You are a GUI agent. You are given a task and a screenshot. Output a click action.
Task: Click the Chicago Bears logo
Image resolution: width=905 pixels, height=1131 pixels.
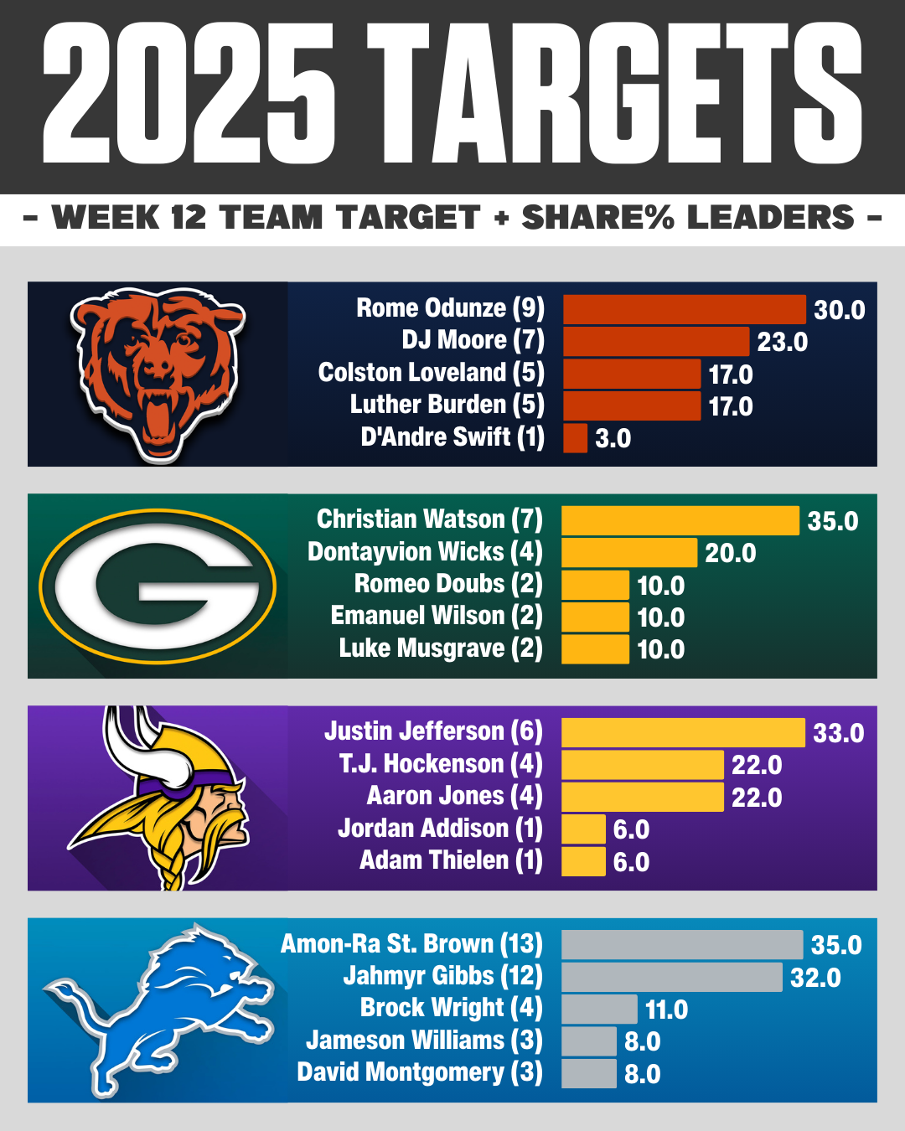pos(158,374)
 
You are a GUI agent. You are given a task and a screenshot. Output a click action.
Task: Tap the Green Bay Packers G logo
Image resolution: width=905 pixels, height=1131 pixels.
pos(158,586)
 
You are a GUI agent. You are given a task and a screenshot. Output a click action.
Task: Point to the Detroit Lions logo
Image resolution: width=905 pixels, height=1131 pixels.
pos(159,1010)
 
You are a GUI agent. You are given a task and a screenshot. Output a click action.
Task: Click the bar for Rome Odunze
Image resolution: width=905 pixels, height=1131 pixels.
pos(684,309)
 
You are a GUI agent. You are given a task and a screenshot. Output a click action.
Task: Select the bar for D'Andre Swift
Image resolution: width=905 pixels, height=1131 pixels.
pos(575,437)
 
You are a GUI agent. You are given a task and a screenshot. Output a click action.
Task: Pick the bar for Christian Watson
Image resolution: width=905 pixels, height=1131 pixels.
pos(680,520)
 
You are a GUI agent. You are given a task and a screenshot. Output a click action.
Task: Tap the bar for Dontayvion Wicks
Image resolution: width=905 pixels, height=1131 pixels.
pos(628,553)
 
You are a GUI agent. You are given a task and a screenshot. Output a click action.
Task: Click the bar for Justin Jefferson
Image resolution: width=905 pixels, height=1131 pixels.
pos(683,732)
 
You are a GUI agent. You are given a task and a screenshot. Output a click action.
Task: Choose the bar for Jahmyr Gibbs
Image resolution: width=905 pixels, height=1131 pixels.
pos(671,977)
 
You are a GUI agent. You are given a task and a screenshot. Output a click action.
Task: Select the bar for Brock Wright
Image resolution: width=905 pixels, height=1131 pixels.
pos(599,1009)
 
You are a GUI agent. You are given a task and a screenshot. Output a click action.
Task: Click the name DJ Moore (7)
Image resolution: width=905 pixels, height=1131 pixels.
pos(473,340)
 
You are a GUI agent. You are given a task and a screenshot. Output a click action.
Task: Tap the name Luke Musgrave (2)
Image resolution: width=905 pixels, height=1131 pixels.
pos(441,648)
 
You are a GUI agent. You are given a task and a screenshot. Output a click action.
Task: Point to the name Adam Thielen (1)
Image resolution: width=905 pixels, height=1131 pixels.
pos(451,860)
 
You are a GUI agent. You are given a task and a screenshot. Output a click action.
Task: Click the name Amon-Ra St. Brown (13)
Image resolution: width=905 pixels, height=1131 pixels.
pos(411,944)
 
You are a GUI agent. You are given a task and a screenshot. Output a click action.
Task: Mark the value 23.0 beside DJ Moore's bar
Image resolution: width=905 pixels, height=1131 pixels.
pos(782,342)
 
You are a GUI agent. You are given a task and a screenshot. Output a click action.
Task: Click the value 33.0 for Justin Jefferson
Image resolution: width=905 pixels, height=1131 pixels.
pos(838,733)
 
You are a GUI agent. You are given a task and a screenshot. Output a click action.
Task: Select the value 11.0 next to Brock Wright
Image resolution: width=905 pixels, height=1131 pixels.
pos(666,1010)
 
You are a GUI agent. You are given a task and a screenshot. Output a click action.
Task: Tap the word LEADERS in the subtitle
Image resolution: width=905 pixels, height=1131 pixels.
pos(771,218)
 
